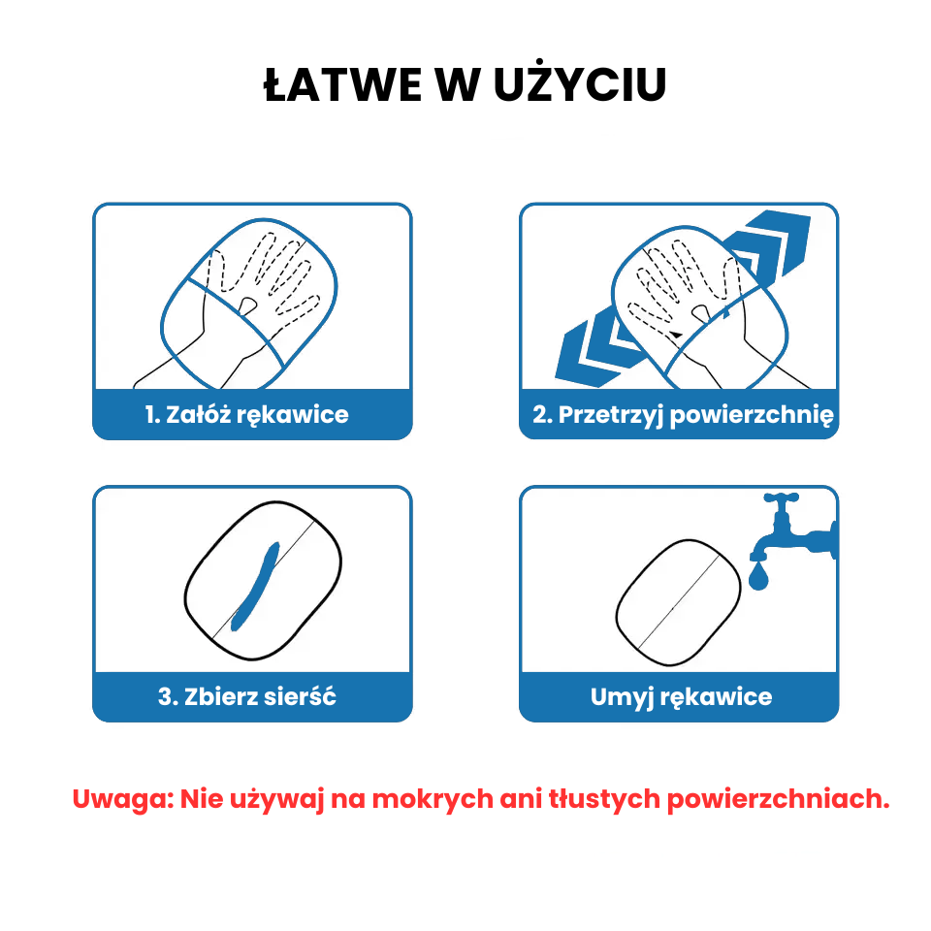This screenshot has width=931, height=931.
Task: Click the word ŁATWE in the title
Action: pyautogui.click(x=342, y=85)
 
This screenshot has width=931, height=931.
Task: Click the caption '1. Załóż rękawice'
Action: pyautogui.click(x=247, y=414)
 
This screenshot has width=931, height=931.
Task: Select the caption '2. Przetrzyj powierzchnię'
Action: pyautogui.click(x=683, y=414)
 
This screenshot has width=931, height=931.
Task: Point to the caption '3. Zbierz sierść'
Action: pyautogui.click(x=247, y=696)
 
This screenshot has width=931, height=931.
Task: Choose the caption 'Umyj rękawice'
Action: pyautogui.click(x=681, y=697)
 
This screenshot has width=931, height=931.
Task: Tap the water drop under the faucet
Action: pyautogui.click(x=758, y=576)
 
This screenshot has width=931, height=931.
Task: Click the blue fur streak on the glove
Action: pyautogui.click(x=255, y=587)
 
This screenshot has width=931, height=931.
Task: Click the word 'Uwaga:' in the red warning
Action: pyautogui.click(x=122, y=799)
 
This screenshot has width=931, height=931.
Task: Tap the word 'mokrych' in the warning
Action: pyautogui.click(x=433, y=798)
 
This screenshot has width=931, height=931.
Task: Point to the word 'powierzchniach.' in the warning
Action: pyautogui.click(x=779, y=800)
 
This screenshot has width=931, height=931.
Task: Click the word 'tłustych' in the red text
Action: pyautogui.click(x=604, y=799)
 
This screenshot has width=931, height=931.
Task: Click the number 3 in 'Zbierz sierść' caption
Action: pyautogui.click(x=165, y=696)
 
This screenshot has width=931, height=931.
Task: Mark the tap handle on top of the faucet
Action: pyautogui.click(x=781, y=497)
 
